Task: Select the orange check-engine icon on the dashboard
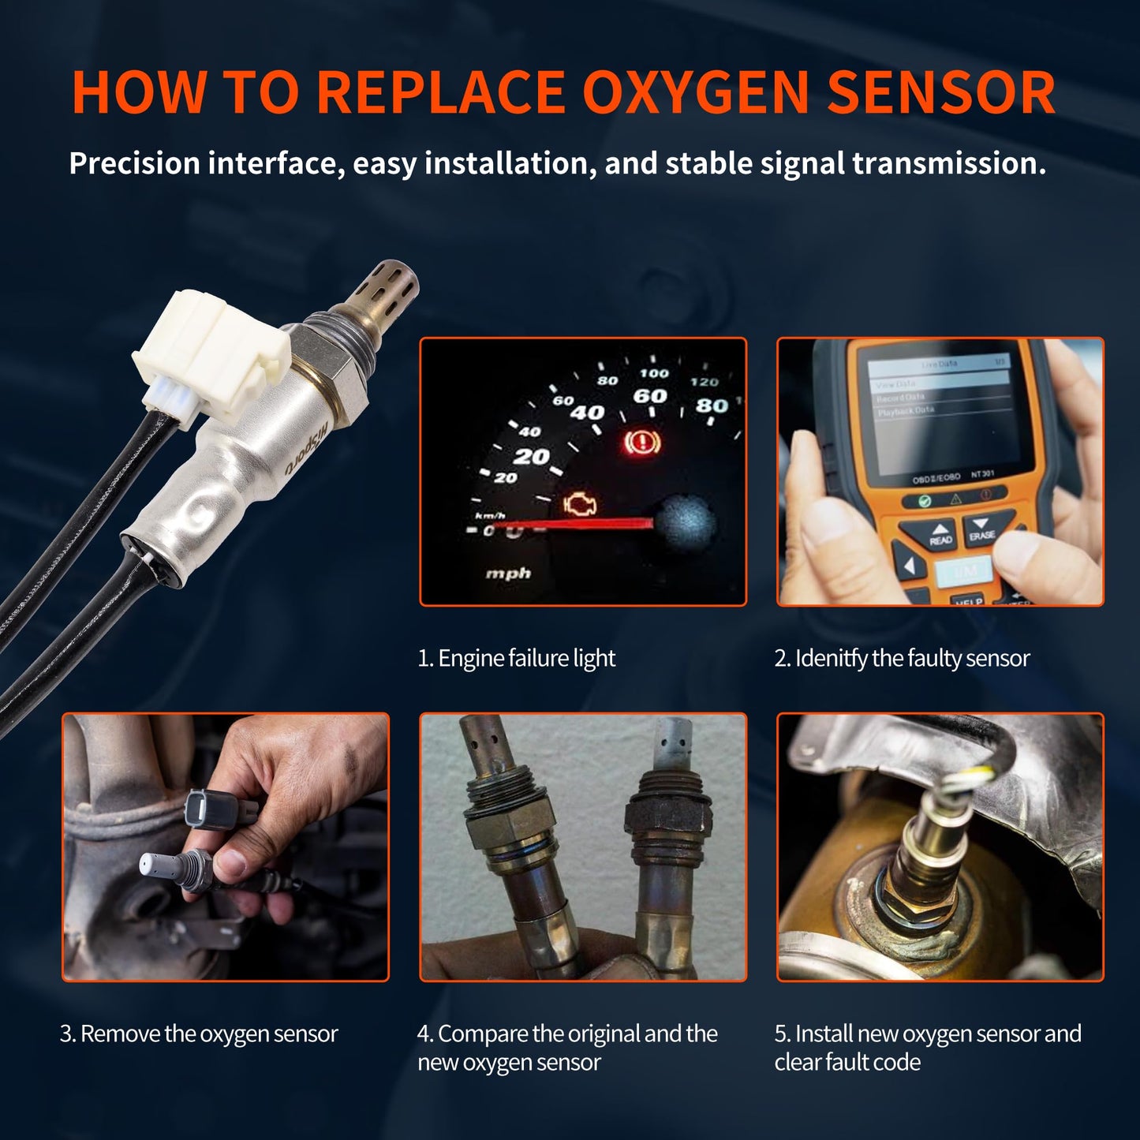tap(580, 505)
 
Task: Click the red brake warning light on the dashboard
tap(641, 443)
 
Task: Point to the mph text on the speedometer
tap(508, 574)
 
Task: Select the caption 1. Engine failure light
tap(516, 658)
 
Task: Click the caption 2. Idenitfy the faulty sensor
tap(902, 658)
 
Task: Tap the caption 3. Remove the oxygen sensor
tap(199, 1033)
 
